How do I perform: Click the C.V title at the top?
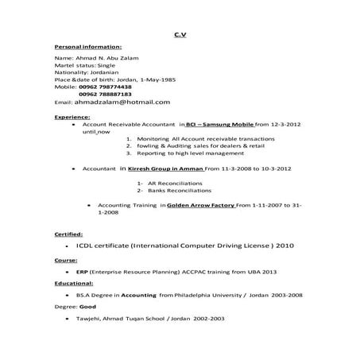click(x=180, y=35)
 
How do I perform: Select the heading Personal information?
click(x=87, y=47)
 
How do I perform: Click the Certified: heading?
click(x=68, y=235)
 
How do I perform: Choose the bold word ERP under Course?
click(x=81, y=271)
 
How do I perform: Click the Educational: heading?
click(x=74, y=283)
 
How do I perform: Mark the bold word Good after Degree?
click(x=87, y=306)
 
